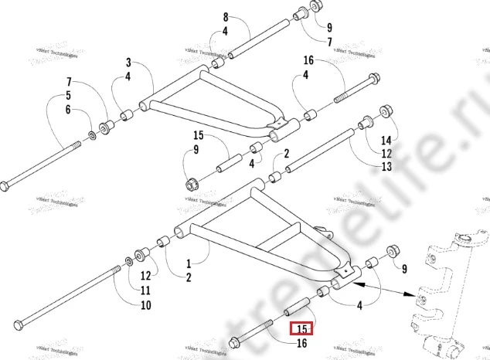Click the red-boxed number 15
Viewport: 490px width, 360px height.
[x=301, y=329]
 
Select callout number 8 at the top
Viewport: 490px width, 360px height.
[x=225, y=17]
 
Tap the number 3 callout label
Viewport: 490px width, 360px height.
[x=128, y=62]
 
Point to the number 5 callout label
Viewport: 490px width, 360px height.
[x=68, y=95]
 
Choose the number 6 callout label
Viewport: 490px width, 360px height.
[x=68, y=110]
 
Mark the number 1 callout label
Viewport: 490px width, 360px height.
[x=187, y=263]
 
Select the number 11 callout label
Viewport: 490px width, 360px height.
[x=145, y=290]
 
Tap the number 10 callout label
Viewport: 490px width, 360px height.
[x=145, y=305]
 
